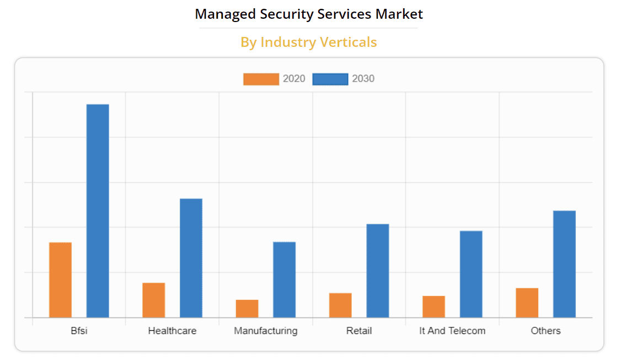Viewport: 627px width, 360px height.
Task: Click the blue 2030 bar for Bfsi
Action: click(x=98, y=211)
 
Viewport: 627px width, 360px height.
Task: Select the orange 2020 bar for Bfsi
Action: click(x=60, y=280)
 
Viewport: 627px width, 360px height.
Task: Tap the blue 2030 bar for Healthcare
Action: click(x=191, y=257)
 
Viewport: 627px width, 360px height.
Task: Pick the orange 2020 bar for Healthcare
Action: click(x=153, y=300)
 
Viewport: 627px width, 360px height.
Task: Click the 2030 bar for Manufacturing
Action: click(x=284, y=280)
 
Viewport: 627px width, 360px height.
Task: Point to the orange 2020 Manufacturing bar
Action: click(x=246, y=308)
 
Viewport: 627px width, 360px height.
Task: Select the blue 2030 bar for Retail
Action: click(x=378, y=270)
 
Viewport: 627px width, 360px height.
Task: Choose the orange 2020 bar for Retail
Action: click(x=340, y=305)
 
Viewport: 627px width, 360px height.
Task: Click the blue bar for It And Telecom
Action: click(x=471, y=274)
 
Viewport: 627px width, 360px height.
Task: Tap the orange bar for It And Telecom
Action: click(x=433, y=307)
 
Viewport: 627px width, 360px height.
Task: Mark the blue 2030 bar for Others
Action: click(x=564, y=264)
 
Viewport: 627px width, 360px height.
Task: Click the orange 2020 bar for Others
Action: click(x=527, y=303)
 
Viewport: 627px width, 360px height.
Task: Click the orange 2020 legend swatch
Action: click(x=261, y=79)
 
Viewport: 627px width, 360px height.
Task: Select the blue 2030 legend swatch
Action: click(x=330, y=79)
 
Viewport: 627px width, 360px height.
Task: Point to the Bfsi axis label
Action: click(x=79, y=331)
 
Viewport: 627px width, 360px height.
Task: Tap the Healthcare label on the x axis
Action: click(x=172, y=331)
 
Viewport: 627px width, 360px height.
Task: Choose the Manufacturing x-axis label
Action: click(x=265, y=331)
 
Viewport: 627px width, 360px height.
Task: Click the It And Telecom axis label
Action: click(x=452, y=331)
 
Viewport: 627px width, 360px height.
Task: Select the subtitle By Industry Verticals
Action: click(x=308, y=42)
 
